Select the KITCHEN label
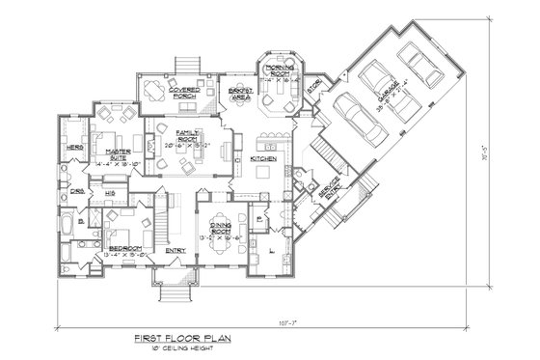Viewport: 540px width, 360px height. point(263,157)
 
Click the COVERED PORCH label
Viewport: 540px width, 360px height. point(184,92)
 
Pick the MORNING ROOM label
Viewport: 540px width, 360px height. point(282,69)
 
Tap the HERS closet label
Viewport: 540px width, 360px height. point(72,147)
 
